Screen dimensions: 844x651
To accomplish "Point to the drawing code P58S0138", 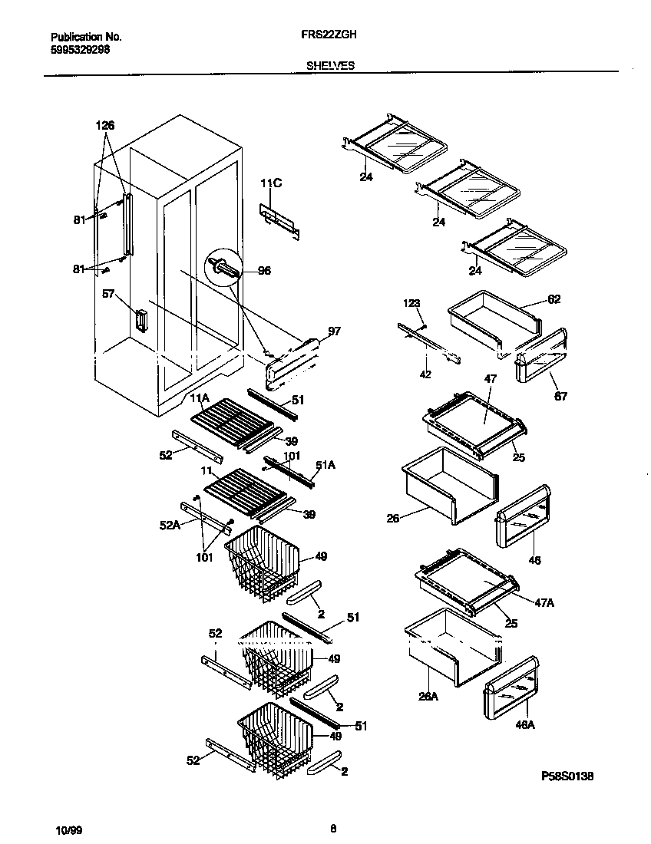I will [x=567, y=776].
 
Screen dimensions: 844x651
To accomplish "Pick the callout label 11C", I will [x=271, y=183].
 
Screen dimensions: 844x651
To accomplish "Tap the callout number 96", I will [x=265, y=271].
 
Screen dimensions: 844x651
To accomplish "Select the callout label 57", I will [x=108, y=293].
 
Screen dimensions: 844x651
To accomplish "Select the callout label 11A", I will [x=200, y=397].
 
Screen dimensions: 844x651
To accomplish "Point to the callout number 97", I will [x=333, y=331].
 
